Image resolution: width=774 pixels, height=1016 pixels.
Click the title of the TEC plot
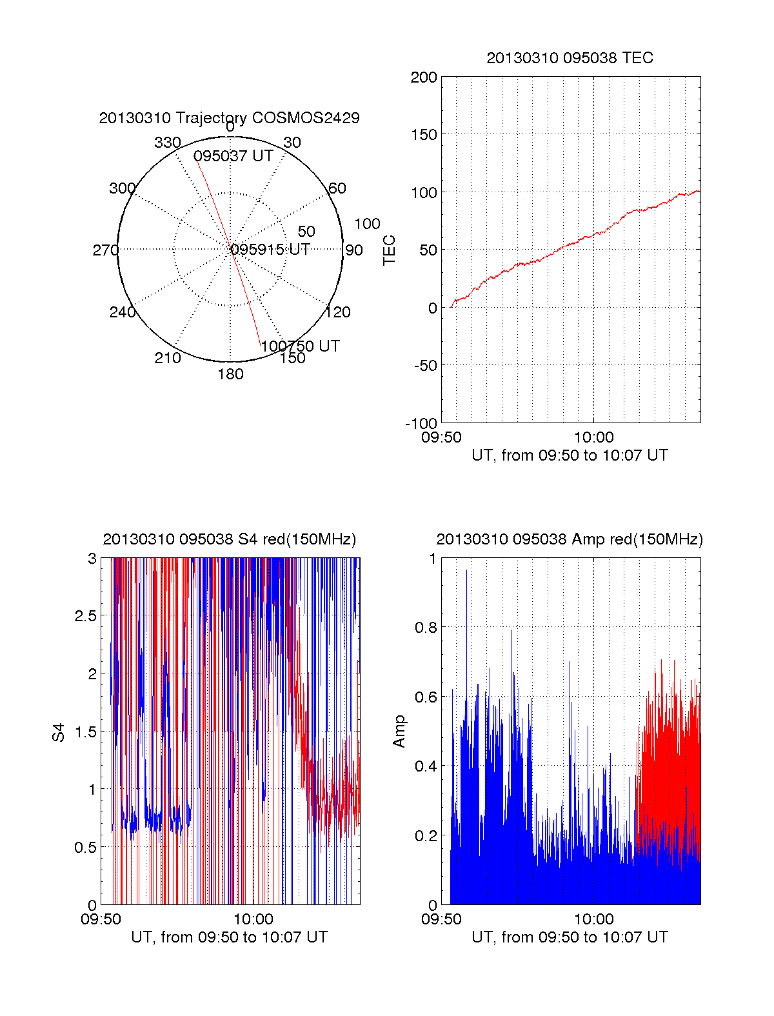pos(570,58)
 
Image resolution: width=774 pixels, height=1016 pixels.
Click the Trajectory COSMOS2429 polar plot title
pos(229,118)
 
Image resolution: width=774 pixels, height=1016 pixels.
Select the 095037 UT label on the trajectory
pos(233,156)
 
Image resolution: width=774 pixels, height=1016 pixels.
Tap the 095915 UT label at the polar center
pos(270,250)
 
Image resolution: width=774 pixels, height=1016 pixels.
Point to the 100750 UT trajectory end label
pos(300,346)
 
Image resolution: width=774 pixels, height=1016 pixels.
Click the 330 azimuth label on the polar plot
pos(167,143)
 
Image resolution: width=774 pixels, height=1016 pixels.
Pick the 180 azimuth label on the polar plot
pos(230,374)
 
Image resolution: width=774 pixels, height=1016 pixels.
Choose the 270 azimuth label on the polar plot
pos(105,250)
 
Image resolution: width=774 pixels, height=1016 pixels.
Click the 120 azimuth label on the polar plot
pos(338,312)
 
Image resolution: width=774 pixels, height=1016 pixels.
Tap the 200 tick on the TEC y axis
pos(424,77)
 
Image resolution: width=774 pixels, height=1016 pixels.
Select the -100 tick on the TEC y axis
pos(421,423)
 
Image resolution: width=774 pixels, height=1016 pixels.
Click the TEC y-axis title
pos(389,250)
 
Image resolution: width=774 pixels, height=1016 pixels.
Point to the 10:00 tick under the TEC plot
pos(594,437)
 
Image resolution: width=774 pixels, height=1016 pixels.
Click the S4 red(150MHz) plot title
pos(229,539)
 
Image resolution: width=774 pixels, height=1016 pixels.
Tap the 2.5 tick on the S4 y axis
pos(86,616)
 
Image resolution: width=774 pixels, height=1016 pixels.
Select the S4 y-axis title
pos(59,732)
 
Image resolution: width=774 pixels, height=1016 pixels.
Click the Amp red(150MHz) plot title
pos(570,539)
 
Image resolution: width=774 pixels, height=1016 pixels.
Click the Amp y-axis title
pos(399,731)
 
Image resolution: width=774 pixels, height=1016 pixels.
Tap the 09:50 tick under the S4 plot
pos(101,919)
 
